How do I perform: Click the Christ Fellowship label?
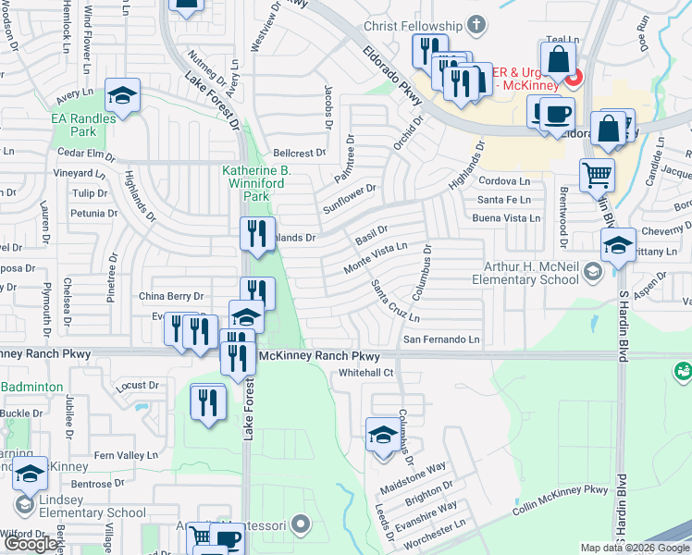point(413,26)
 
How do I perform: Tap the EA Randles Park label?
point(83,125)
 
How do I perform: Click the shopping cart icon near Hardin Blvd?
point(598,174)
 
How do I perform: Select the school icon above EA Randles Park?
point(121,95)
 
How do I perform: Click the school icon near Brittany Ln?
point(618,245)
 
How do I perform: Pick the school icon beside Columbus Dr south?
point(383,435)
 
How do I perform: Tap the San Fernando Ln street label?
point(440,339)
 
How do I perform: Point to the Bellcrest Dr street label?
point(300,153)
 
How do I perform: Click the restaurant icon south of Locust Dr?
point(208,402)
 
